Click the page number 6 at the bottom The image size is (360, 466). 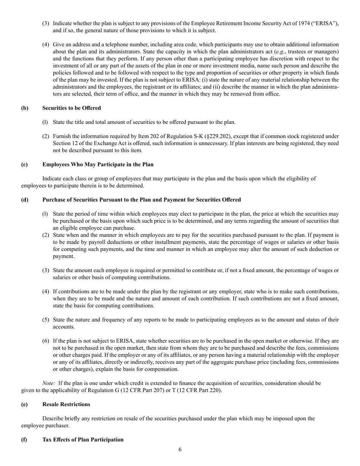[x=180, y=450]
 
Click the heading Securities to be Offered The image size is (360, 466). [x=72, y=108]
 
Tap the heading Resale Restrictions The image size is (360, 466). [x=66, y=404]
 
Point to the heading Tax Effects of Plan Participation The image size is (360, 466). [x=83, y=439]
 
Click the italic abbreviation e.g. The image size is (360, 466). [x=280, y=52]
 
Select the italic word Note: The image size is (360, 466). [x=49, y=383]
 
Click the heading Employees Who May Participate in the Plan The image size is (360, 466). [x=98, y=164]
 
